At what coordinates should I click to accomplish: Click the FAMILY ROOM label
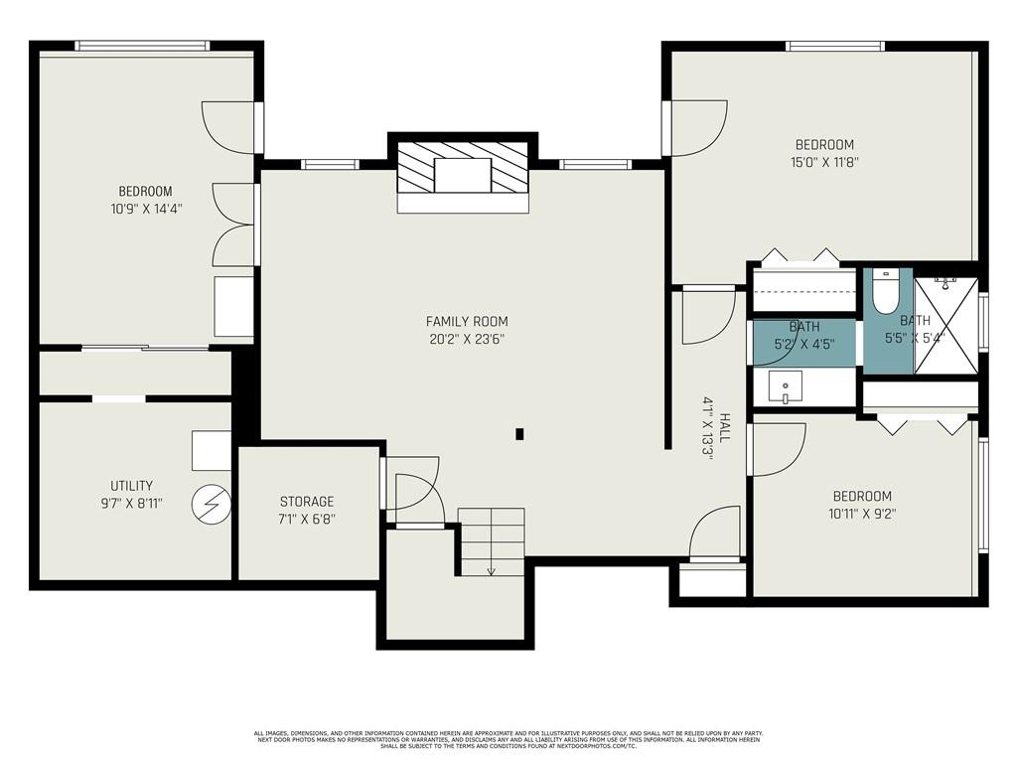(467, 321)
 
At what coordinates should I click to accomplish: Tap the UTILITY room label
(131, 486)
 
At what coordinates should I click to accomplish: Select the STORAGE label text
(306, 502)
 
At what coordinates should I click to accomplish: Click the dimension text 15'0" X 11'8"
(822, 162)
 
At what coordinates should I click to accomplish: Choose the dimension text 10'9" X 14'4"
(145, 209)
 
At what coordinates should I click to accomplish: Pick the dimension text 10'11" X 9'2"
(862, 514)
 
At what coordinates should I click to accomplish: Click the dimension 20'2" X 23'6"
(467, 339)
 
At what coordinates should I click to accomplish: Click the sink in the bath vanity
(785, 387)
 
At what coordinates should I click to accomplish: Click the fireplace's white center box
(463, 174)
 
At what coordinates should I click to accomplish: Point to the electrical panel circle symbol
(210, 504)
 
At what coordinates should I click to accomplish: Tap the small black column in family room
(519, 433)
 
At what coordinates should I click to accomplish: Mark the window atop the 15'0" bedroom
(835, 46)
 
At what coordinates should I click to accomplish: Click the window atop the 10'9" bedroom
(143, 46)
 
